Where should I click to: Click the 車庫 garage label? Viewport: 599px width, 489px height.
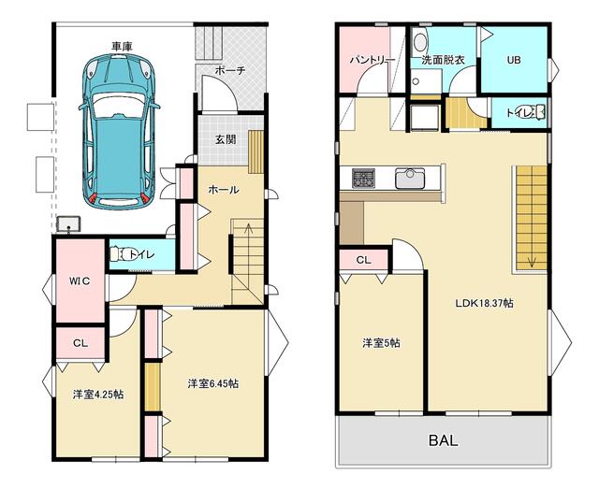122,47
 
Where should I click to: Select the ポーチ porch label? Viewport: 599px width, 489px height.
229,71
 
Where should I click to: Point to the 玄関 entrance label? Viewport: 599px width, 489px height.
226,139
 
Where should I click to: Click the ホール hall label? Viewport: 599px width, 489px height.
224,190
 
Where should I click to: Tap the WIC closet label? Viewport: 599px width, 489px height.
80,280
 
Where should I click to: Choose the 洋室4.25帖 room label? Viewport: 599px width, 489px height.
97,395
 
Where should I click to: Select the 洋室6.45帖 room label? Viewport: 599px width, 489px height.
213,383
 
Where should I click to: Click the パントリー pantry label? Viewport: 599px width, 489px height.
373,61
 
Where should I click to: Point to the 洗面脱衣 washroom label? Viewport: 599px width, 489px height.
443,60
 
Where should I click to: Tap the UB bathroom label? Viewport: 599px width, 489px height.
514,60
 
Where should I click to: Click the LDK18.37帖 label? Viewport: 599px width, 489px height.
484,303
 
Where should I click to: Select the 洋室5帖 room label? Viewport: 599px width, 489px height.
381,343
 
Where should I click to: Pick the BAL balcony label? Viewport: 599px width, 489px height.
443,440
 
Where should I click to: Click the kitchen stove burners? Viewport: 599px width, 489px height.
363,178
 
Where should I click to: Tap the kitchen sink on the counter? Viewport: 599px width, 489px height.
410,179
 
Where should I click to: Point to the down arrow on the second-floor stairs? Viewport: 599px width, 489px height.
533,262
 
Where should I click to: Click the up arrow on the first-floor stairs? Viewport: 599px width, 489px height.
248,230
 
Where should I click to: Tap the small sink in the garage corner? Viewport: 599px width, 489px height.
68,224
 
